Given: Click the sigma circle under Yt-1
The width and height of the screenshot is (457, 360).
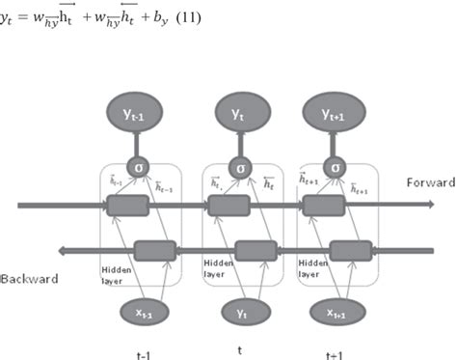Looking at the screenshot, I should (x=142, y=166).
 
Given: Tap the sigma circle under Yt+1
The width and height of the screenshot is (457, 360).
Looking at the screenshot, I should (x=335, y=166).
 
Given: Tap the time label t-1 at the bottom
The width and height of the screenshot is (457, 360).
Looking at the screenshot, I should (x=143, y=353).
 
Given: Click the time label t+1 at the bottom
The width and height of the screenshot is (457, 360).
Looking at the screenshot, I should (x=335, y=353).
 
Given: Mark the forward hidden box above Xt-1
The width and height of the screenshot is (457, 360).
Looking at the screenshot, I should (x=127, y=205).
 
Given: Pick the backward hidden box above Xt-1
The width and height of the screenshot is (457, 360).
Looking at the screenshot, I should (x=154, y=250).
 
